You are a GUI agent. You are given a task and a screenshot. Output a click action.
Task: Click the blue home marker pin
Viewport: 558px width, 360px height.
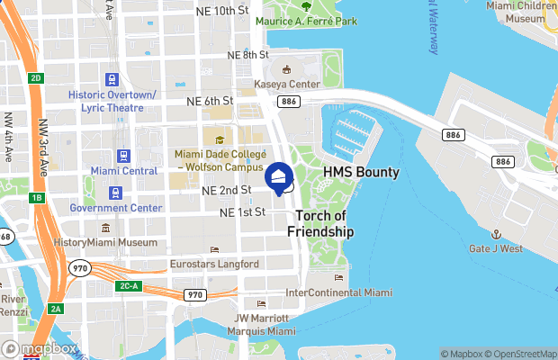(279, 177)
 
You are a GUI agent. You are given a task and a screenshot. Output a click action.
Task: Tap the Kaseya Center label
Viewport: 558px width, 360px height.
(287, 84)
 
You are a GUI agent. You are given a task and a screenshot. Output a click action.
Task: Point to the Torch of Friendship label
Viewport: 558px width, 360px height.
(320, 223)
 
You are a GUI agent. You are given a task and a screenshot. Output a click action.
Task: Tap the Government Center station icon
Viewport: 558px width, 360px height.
(114, 193)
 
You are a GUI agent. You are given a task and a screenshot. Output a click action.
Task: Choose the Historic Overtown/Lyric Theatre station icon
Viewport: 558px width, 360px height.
(112, 81)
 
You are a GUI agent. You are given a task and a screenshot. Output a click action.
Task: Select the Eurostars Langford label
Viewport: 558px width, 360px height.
(214, 265)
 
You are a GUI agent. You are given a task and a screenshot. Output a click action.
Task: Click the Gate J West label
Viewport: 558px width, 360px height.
(495, 247)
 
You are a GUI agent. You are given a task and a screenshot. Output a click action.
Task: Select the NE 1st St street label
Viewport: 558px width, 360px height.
(244, 212)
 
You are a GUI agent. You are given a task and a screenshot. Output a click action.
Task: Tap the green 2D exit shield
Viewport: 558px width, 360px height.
(36, 78)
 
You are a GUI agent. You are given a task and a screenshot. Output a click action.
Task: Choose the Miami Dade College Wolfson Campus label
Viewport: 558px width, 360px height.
(220, 160)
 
